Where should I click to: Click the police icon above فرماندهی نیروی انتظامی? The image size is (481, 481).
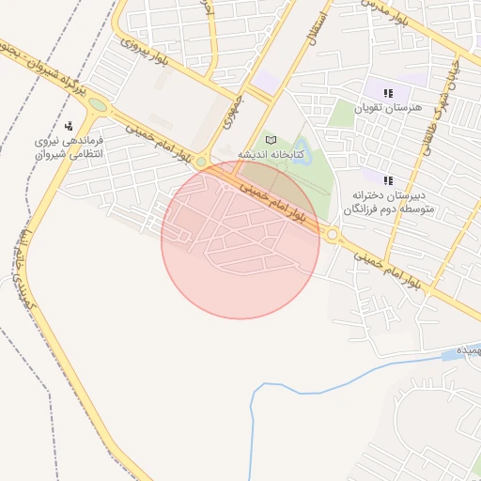point(69,126)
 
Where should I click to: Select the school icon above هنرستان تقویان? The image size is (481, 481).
point(388,92)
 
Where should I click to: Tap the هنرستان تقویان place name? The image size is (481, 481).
point(385,109)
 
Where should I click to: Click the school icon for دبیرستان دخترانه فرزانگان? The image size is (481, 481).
point(388,178)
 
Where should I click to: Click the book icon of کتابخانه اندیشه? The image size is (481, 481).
point(272,139)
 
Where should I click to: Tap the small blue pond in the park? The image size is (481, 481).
point(304,152)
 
